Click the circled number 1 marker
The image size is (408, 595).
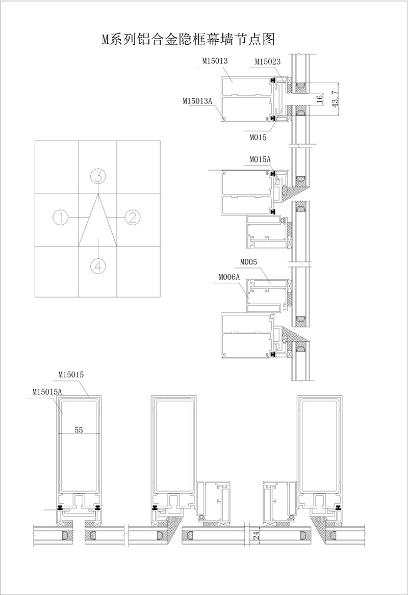[60, 218]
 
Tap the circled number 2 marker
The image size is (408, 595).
[133, 218]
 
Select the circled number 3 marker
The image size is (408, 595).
[98, 176]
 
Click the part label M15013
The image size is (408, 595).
[215, 61]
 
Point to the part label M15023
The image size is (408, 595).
[267, 62]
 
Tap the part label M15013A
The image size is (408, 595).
[197, 101]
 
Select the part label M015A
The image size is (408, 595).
[260, 159]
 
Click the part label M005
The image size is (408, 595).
[248, 262]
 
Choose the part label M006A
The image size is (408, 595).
[229, 278]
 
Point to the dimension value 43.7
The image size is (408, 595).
[335, 99]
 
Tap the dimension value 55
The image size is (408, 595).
[79, 430]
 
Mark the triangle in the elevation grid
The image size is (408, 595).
[98, 221]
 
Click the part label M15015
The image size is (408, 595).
[71, 374]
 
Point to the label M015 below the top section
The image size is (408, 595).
[258, 138]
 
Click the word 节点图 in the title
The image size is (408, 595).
[254, 39]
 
